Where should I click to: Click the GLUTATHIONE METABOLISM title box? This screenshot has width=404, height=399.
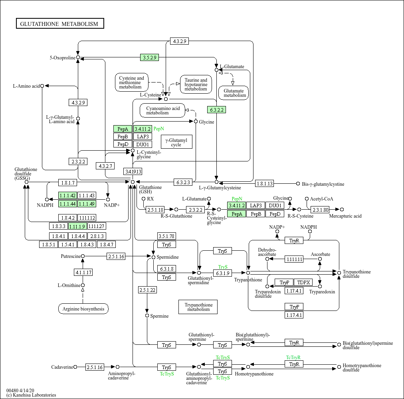(x=60, y=24)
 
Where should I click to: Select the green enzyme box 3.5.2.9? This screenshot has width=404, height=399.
(x=149, y=57)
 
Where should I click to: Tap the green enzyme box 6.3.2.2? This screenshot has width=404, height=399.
(x=217, y=110)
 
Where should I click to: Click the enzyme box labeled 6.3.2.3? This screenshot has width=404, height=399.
(x=183, y=183)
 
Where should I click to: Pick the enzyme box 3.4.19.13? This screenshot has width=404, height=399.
(x=133, y=171)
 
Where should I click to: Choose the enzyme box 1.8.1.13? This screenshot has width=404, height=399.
(x=265, y=184)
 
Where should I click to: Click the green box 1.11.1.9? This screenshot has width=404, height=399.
(x=77, y=226)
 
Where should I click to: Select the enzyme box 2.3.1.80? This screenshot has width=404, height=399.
(x=320, y=210)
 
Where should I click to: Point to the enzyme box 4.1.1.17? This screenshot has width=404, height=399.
(x=83, y=272)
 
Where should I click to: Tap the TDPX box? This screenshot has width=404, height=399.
(x=303, y=283)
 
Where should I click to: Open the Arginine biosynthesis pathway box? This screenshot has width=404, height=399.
(x=83, y=309)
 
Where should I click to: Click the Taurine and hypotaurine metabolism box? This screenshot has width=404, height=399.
(x=196, y=85)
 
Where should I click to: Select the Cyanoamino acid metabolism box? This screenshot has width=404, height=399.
(x=162, y=111)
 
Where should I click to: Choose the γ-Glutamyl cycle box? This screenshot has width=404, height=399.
(x=176, y=142)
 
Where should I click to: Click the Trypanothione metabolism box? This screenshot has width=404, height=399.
(x=198, y=307)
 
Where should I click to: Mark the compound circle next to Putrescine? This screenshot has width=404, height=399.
(x=83, y=256)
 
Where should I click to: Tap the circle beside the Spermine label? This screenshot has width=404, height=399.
(x=147, y=316)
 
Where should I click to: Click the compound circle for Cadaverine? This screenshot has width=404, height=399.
(x=75, y=367)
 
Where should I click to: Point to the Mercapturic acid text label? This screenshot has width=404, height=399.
(x=345, y=216)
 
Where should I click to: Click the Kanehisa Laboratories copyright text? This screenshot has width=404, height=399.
(x=31, y=395)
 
